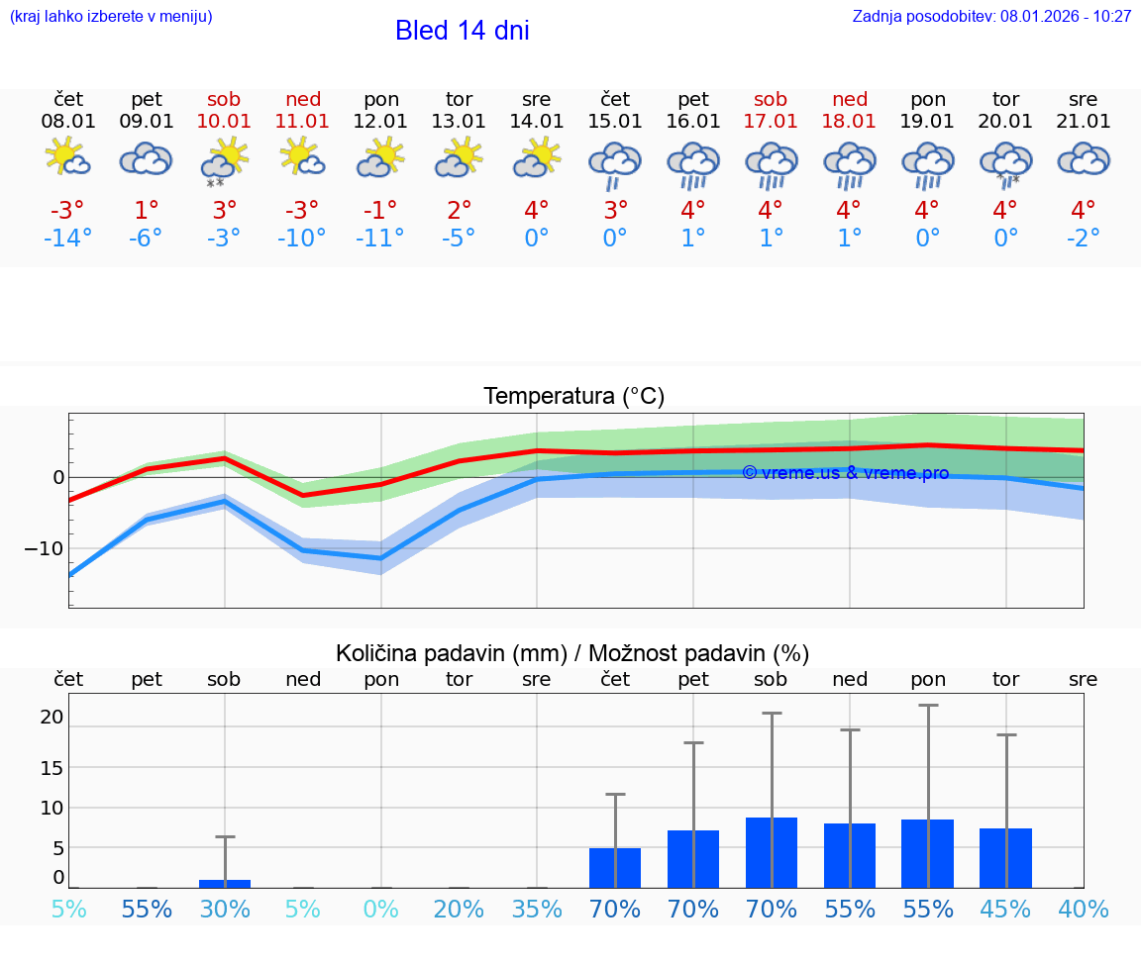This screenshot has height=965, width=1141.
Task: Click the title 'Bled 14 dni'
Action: [462, 31]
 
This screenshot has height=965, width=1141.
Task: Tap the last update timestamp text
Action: [991, 17]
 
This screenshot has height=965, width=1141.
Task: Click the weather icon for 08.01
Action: [67, 158]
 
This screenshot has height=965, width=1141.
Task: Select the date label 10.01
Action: [224, 122]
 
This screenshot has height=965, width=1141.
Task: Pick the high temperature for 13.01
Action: [459, 211]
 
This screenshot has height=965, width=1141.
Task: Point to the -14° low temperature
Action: [67, 239]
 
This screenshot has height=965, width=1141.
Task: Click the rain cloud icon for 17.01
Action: [771, 164]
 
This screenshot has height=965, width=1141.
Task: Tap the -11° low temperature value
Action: [380, 239]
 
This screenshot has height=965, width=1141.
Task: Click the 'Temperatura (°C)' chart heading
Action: [573, 397]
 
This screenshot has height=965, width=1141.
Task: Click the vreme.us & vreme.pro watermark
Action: [845, 473]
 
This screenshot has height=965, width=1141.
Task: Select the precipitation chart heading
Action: [572, 653]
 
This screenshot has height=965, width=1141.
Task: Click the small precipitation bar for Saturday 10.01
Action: [225, 883]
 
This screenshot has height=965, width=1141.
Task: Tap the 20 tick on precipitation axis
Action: [52, 718]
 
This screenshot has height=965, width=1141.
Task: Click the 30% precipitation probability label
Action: [225, 910]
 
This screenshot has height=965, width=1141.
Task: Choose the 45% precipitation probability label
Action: [1005, 910]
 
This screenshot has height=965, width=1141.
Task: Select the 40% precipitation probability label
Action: [1083, 910]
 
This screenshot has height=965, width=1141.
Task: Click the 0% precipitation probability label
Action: [380, 910]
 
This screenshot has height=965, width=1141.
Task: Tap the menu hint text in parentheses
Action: [111, 17]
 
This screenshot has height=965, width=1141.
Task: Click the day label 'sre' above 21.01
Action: [1083, 99]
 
